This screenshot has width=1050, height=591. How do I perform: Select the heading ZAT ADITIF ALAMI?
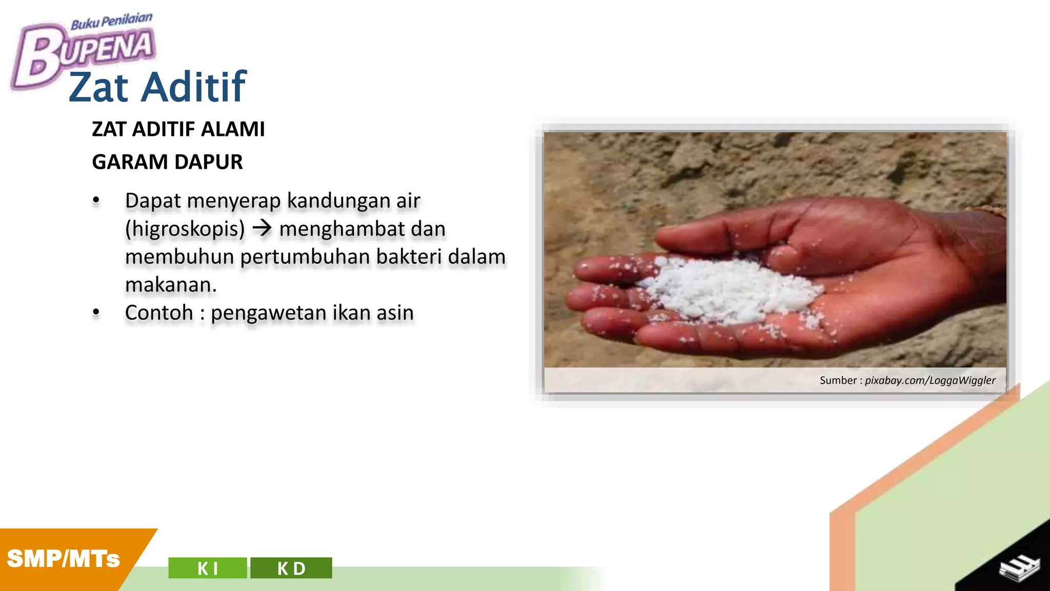coord(178,129)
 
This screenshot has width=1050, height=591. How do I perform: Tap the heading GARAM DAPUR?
coord(167,162)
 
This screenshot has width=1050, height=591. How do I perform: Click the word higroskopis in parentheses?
coord(185,229)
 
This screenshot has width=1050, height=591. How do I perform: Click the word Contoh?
coord(159,312)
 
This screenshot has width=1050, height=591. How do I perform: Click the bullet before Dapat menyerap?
coord(96,201)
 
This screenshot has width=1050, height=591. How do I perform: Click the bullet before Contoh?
coord(96,312)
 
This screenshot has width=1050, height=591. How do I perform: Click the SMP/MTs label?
coord(63,559)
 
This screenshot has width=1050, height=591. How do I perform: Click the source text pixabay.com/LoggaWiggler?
coord(930,381)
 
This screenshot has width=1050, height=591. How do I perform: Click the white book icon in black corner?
coord(1019,567)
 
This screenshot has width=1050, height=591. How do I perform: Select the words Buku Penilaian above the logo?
coord(111,22)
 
